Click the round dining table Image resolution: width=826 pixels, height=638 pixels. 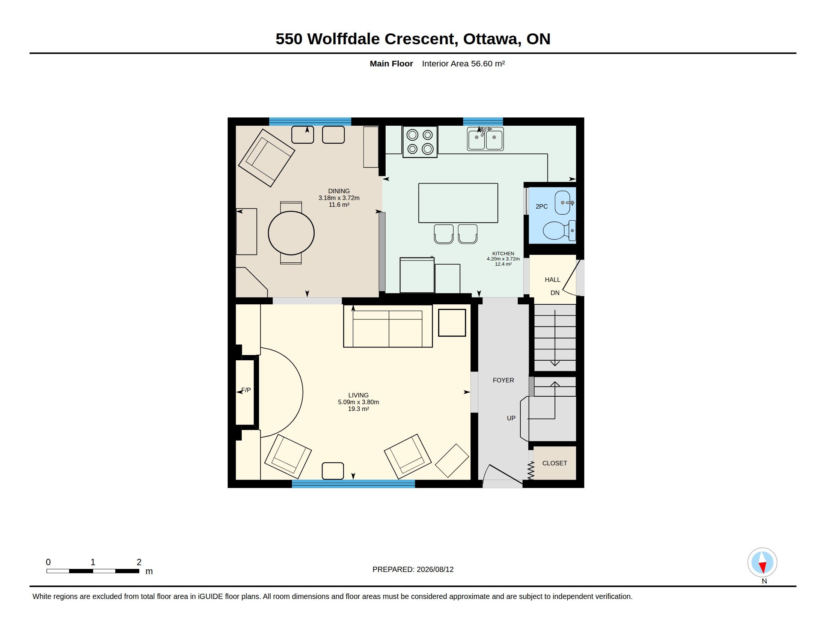click(291, 233)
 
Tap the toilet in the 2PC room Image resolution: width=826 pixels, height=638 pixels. click(559, 230)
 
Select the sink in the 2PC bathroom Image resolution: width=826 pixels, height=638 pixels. click(564, 203)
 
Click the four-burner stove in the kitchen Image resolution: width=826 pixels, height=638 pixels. click(420, 142)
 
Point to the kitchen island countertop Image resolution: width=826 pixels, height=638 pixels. click(458, 203)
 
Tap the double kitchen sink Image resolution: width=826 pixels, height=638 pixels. click(485, 139)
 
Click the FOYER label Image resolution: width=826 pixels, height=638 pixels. click(503, 380)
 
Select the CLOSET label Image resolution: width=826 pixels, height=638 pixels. click(555, 463)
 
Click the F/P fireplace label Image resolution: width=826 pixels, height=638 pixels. click(246, 390)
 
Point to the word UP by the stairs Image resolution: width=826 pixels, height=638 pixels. click(511, 418)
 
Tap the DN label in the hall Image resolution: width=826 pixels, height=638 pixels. click(555, 293)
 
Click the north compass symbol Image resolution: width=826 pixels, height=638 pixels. click(762, 563)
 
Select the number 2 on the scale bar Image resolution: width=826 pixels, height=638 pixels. click(139, 562)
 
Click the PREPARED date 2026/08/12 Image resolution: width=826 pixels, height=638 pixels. click(435, 569)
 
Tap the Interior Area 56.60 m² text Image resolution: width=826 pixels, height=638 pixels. click(463, 63)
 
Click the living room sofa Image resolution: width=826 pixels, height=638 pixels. click(388, 326)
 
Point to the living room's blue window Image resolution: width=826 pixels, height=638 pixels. click(353, 484)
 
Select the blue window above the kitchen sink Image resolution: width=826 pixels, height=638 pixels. click(483, 121)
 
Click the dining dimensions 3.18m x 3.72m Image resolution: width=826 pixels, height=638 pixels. click(339, 198)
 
